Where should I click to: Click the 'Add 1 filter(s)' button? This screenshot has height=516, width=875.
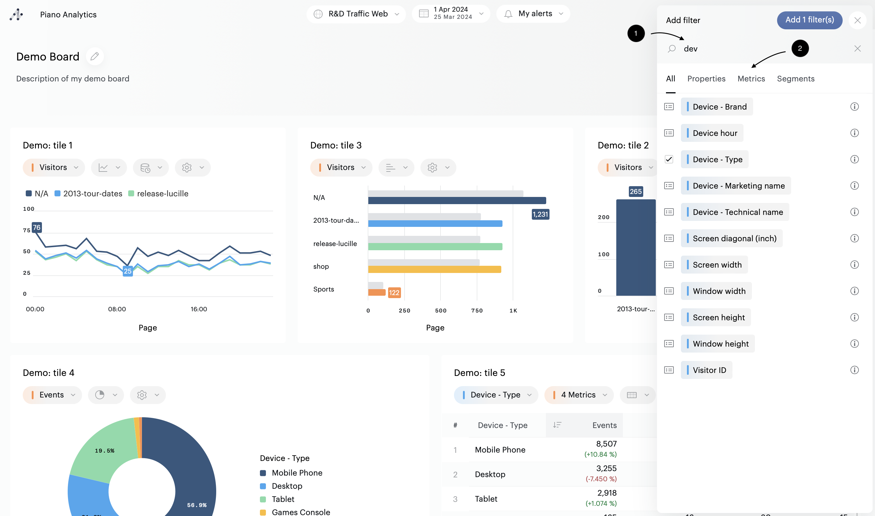809,20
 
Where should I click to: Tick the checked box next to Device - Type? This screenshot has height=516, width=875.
669,159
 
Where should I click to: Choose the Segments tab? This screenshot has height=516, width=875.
795,79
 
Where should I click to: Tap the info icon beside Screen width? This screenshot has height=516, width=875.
854,265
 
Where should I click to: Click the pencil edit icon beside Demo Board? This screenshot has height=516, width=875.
95,56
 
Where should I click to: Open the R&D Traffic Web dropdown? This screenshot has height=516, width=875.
356,14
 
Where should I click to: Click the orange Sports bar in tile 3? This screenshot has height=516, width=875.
377,292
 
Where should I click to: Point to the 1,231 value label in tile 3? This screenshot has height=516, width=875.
540,214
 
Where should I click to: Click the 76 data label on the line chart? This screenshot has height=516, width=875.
37,227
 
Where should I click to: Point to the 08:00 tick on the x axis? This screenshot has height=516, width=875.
117,309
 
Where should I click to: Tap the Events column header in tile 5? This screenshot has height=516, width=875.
604,425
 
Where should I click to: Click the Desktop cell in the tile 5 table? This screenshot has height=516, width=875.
490,474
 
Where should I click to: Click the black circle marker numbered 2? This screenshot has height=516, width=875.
800,48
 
